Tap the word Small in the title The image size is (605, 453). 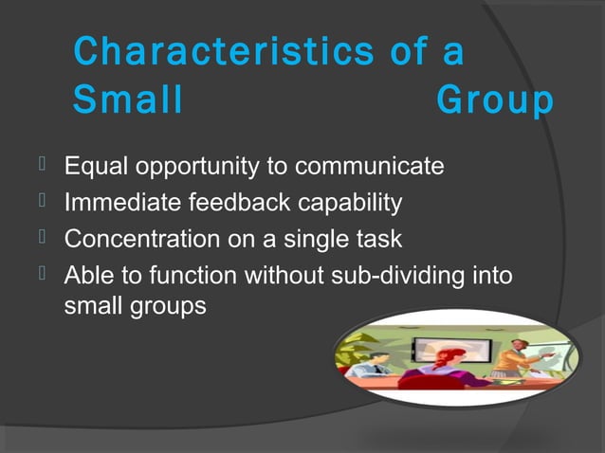point(127,101)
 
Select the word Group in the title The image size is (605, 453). point(495,101)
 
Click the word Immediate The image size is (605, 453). point(122,203)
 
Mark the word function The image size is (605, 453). point(193,275)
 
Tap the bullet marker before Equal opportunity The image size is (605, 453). point(43,167)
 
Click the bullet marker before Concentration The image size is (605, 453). point(43,238)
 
